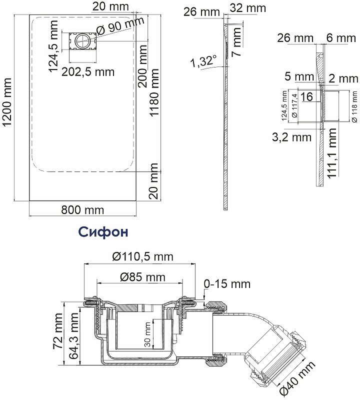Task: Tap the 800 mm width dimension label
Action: pos(82,210)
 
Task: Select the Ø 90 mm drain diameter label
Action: pos(120,26)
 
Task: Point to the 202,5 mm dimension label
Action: pos(88,72)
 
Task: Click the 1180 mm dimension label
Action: pos(154,92)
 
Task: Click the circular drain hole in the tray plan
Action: pos(82,41)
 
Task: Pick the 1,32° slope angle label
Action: pos(203,61)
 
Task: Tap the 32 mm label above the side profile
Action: pos(247,8)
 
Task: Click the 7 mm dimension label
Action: pos(237,42)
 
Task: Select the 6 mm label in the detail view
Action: pos(341,38)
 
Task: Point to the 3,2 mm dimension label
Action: pos(292,137)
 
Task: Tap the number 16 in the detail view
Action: pos(306,96)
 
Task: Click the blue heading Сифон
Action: pos(103,232)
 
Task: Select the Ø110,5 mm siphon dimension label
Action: pos(143,256)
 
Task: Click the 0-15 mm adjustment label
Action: pos(227,284)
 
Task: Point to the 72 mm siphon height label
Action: pos(57,331)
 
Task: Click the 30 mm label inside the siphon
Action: pos(147,334)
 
